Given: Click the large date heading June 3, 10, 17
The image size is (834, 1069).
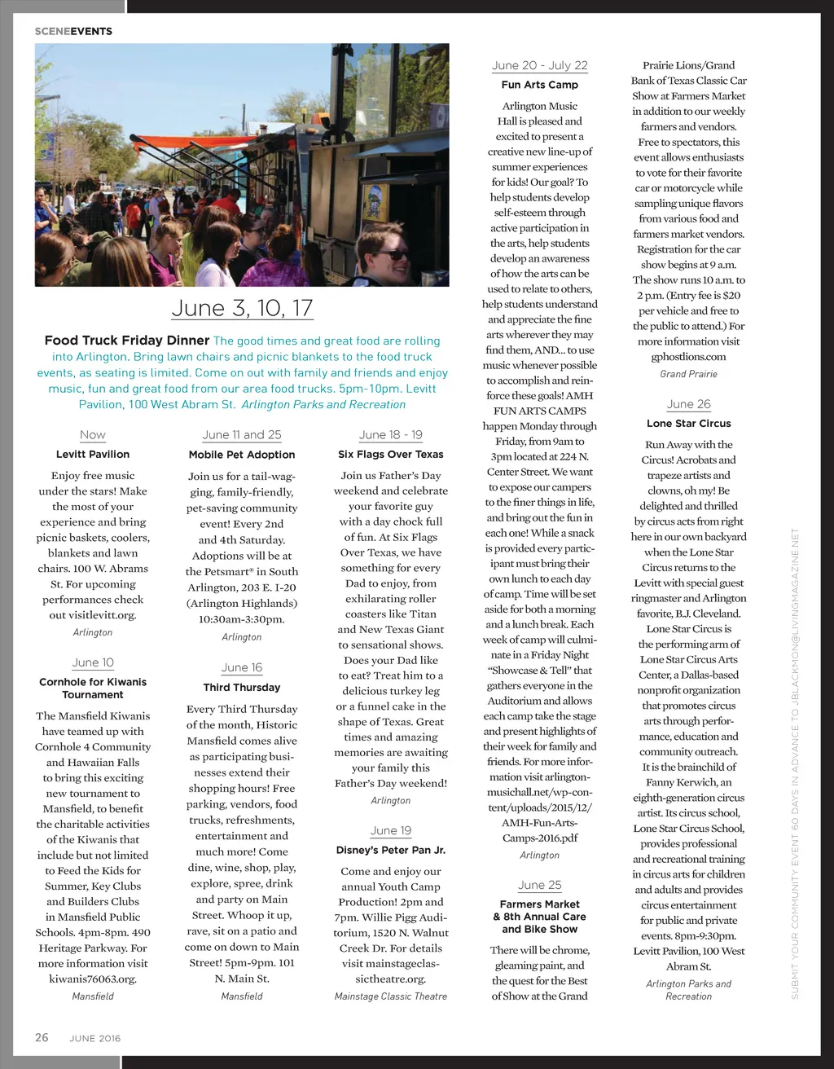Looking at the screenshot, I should (242, 308).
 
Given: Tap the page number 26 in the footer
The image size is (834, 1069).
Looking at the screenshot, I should (42, 1037).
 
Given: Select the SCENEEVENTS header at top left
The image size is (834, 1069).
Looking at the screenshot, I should (73, 31).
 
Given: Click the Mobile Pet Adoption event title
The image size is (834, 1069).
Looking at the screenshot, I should (242, 455).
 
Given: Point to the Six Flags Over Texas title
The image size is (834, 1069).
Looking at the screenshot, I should (391, 454).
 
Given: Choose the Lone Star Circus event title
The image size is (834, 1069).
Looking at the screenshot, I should (689, 424).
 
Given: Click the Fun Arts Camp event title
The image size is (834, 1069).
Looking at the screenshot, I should (540, 85).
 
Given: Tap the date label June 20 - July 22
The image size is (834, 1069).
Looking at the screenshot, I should (540, 65).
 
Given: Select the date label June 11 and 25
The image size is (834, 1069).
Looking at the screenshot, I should (242, 435).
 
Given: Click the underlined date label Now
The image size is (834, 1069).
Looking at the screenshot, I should (93, 435).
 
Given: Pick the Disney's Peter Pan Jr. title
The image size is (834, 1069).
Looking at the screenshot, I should (391, 850).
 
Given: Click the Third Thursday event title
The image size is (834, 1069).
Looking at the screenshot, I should (242, 688).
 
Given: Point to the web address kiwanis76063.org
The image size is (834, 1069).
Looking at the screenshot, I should (93, 979).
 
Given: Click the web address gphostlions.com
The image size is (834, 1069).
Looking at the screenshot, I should (689, 357).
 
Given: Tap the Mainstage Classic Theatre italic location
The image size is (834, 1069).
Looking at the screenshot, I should (391, 996).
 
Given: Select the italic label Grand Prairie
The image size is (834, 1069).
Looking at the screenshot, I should (689, 374).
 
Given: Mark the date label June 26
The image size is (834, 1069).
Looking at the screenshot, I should (689, 404).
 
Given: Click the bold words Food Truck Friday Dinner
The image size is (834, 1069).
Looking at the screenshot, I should (127, 341).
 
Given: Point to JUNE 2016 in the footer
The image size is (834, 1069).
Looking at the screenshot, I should (94, 1039).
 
